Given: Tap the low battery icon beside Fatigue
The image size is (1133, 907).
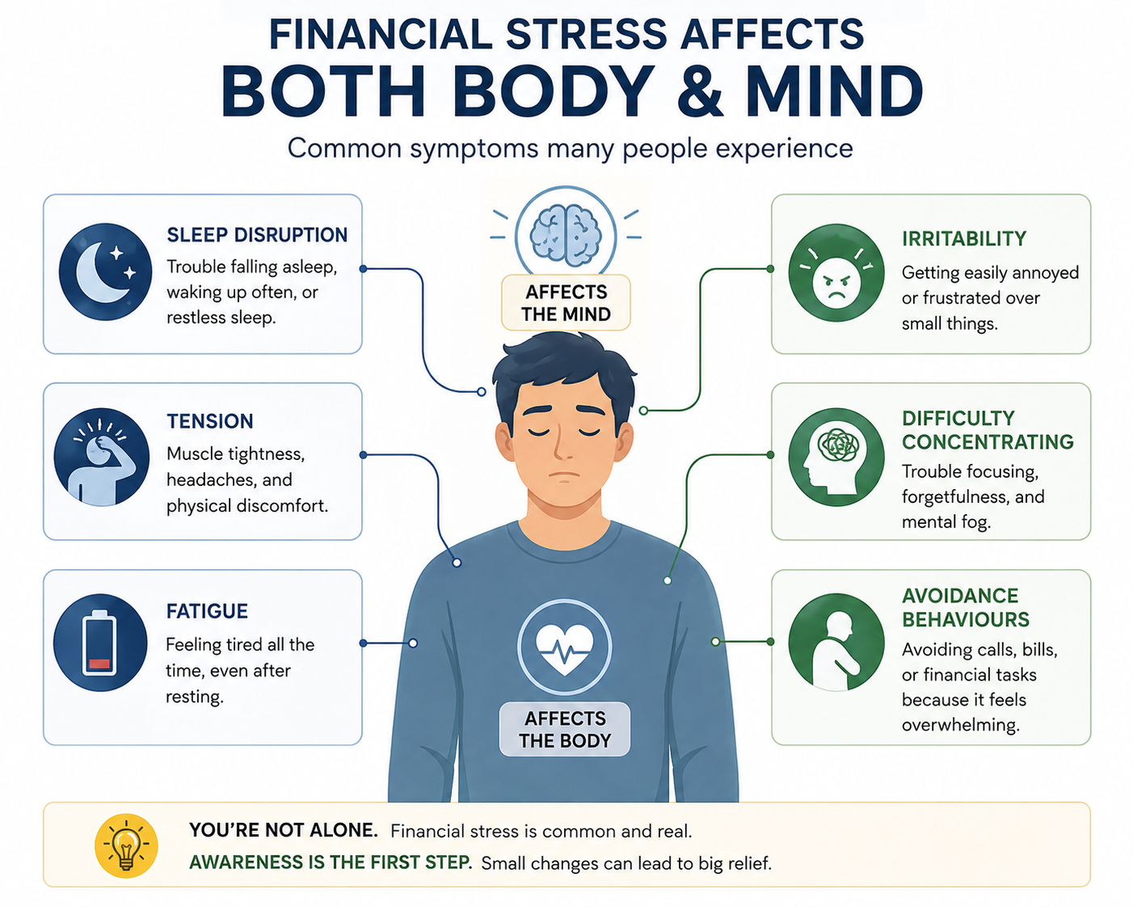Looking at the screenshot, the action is coord(100,642).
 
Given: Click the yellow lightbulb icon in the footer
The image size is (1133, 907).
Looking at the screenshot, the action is coord(126,846).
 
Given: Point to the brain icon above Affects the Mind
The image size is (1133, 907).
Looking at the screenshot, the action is coord(566,235).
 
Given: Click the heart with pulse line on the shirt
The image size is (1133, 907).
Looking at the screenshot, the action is coord(564,647).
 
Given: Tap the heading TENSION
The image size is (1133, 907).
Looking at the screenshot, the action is coord(210,421).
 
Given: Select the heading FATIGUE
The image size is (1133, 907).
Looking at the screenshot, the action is coord(207,611).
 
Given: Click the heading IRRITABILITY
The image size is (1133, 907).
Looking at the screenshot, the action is coord(964,238).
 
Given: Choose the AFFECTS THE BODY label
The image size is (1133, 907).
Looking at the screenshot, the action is coord(565,729).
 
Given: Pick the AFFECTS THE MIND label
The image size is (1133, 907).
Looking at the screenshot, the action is coord(566,303).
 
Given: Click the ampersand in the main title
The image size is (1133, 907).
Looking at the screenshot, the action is coord(700,91).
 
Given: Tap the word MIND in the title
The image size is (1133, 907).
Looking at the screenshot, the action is coord(834,91).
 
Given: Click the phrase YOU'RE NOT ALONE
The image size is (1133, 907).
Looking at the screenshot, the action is coord(283,831).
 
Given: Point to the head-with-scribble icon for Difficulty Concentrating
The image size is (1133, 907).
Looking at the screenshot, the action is coord(836,458).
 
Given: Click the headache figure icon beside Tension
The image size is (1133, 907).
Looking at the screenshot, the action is coord(101,458).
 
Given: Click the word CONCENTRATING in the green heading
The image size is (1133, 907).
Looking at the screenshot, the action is coord(988,442).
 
